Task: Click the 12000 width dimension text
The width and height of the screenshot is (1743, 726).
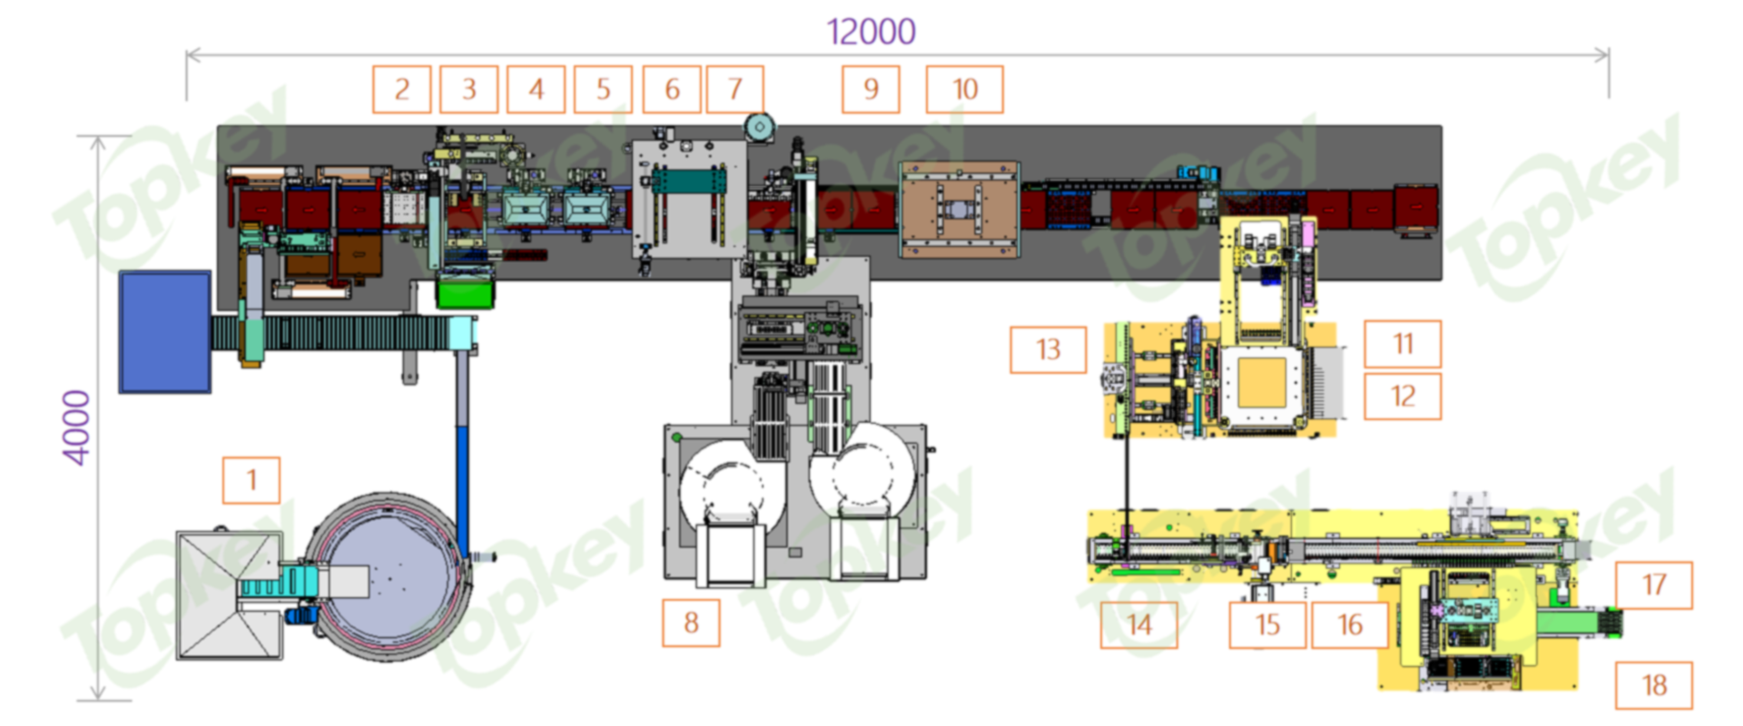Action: coord(871,33)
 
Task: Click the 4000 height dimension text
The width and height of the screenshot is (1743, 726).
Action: coord(77,427)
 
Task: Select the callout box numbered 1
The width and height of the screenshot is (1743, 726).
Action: coord(251,480)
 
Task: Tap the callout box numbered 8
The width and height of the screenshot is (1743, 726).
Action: coord(691,623)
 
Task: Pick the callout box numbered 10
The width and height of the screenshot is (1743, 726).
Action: coord(964,89)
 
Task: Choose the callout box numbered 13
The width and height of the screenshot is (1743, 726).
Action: coord(1048,349)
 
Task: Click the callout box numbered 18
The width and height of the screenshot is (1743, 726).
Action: coord(1653,685)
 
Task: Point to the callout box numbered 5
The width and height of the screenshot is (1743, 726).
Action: coord(603,89)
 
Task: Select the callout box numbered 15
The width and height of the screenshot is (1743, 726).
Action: coord(1267,624)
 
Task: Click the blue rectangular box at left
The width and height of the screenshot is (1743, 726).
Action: coord(165,332)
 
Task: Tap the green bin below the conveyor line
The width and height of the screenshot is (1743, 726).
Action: coord(466,292)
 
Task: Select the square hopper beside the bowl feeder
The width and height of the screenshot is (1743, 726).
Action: coord(229,595)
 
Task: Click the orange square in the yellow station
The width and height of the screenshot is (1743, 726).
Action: coord(1262,382)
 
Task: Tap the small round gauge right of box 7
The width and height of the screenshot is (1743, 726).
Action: coord(759,128)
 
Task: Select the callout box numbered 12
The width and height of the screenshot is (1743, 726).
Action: coord(1403,396)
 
